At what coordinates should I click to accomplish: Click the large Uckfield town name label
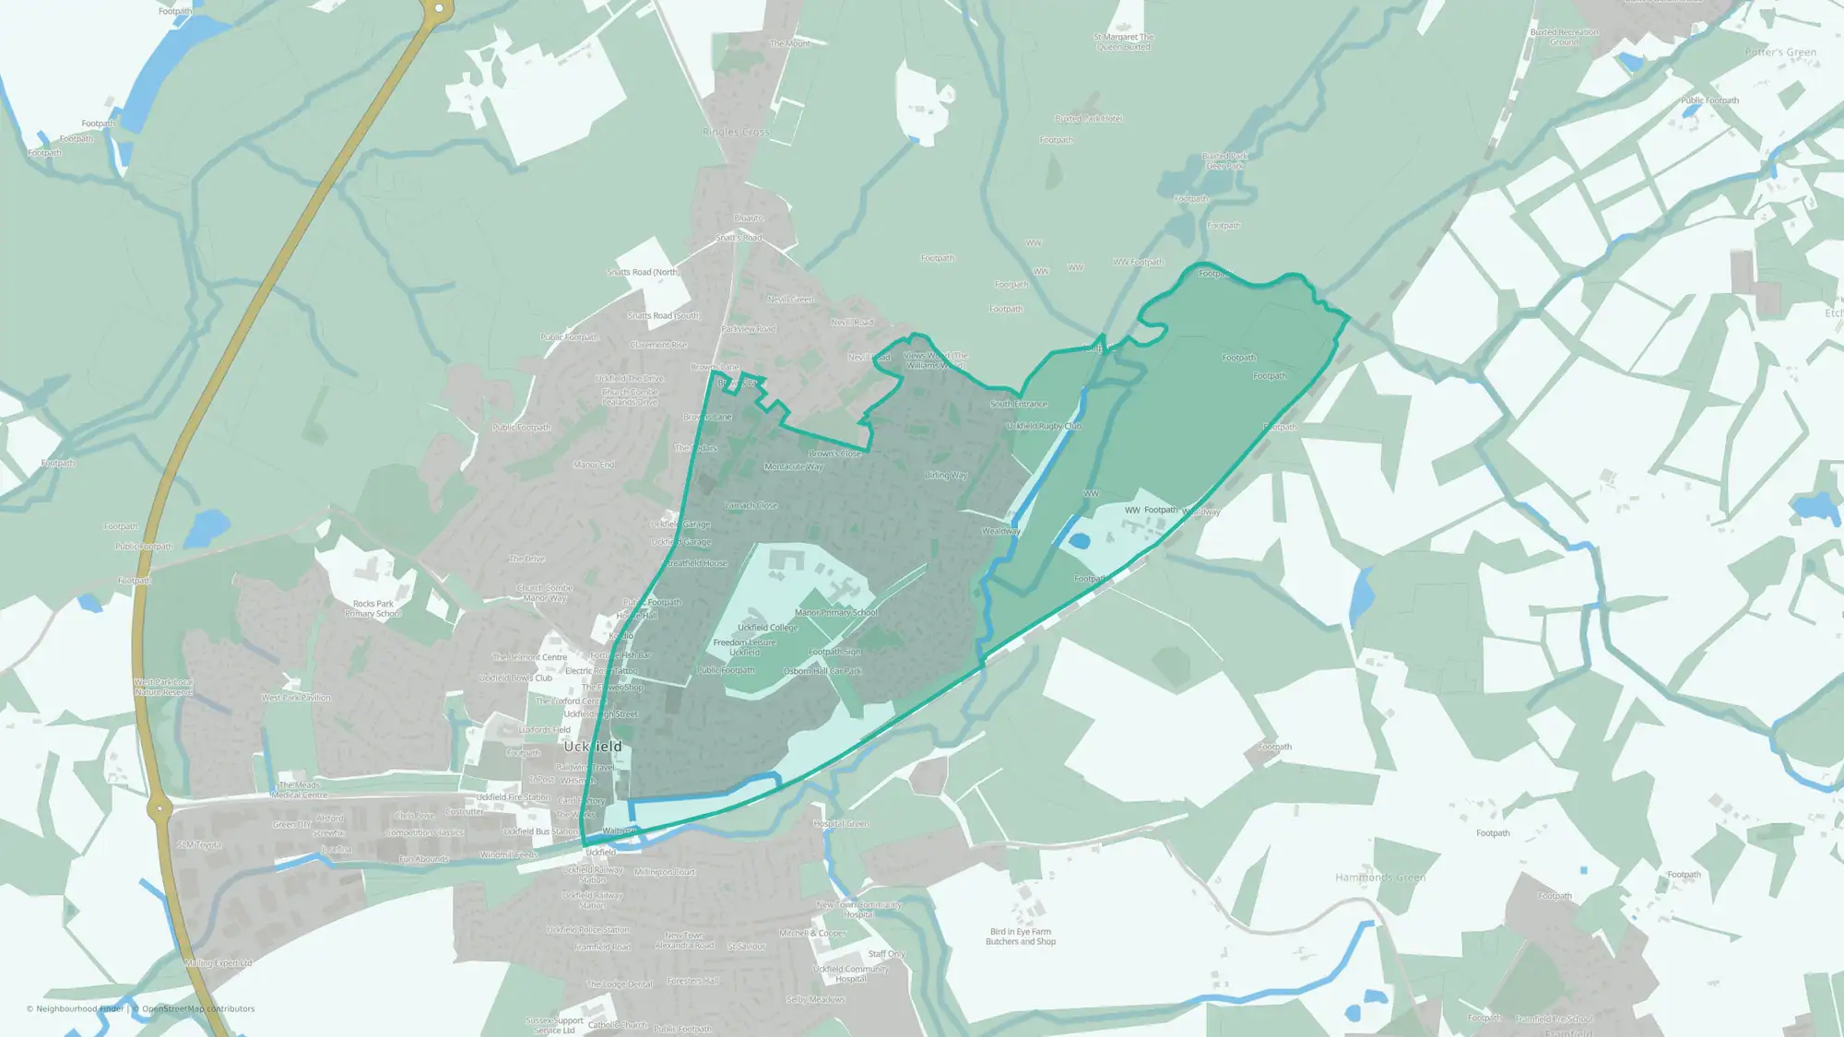[x=593, y=746]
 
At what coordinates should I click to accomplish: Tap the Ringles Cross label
[x=735, y=132]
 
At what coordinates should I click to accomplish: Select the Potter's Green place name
[x=1780, y=53]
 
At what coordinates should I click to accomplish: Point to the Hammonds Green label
[x=1380, y=878]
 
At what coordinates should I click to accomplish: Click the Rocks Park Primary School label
[x=372, y=608]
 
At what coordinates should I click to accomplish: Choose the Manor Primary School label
[x=836, y=612]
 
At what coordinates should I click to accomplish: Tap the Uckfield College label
[x=767, y=628]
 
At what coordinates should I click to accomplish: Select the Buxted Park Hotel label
[x=1089, y=119]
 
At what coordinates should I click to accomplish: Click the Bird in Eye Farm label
[x=1021, y=937]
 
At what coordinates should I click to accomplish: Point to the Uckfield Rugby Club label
[x=1044, y=426]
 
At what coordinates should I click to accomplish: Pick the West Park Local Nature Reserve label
[x=163, y=687]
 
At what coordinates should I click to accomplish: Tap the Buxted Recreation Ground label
[x=1564, y=37]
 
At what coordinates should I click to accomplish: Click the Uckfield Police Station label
[x=588, y=929]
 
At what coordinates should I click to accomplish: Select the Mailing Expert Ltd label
[x=218, y=963]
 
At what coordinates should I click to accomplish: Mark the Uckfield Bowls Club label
[x=515, y=678]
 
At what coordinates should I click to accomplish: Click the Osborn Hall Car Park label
[x=822, y=671]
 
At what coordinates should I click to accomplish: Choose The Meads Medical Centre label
[x=299, y=790]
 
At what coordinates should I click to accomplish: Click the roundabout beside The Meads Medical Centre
[x=160, y=808]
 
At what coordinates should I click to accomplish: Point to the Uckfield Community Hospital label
[x=850, y=973]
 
